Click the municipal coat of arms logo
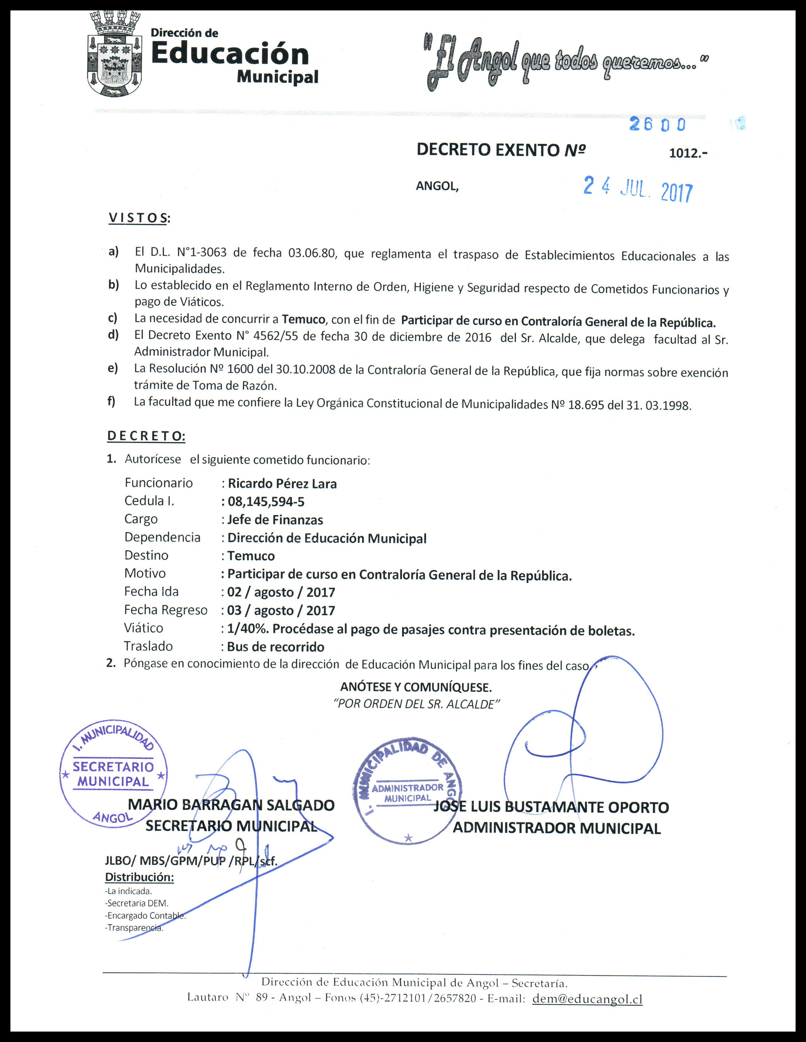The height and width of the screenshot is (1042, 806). pos(116,55)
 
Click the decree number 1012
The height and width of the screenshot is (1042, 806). pos(687,154)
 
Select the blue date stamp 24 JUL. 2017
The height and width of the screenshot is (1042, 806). pos(638,189)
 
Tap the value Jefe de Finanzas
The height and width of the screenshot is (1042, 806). pos(275,520)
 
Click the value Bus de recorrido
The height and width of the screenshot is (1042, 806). pos(276,647)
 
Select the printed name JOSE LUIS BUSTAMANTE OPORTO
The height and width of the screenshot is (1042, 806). pos(552,807)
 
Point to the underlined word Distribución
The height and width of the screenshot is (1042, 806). pos(139,877)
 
